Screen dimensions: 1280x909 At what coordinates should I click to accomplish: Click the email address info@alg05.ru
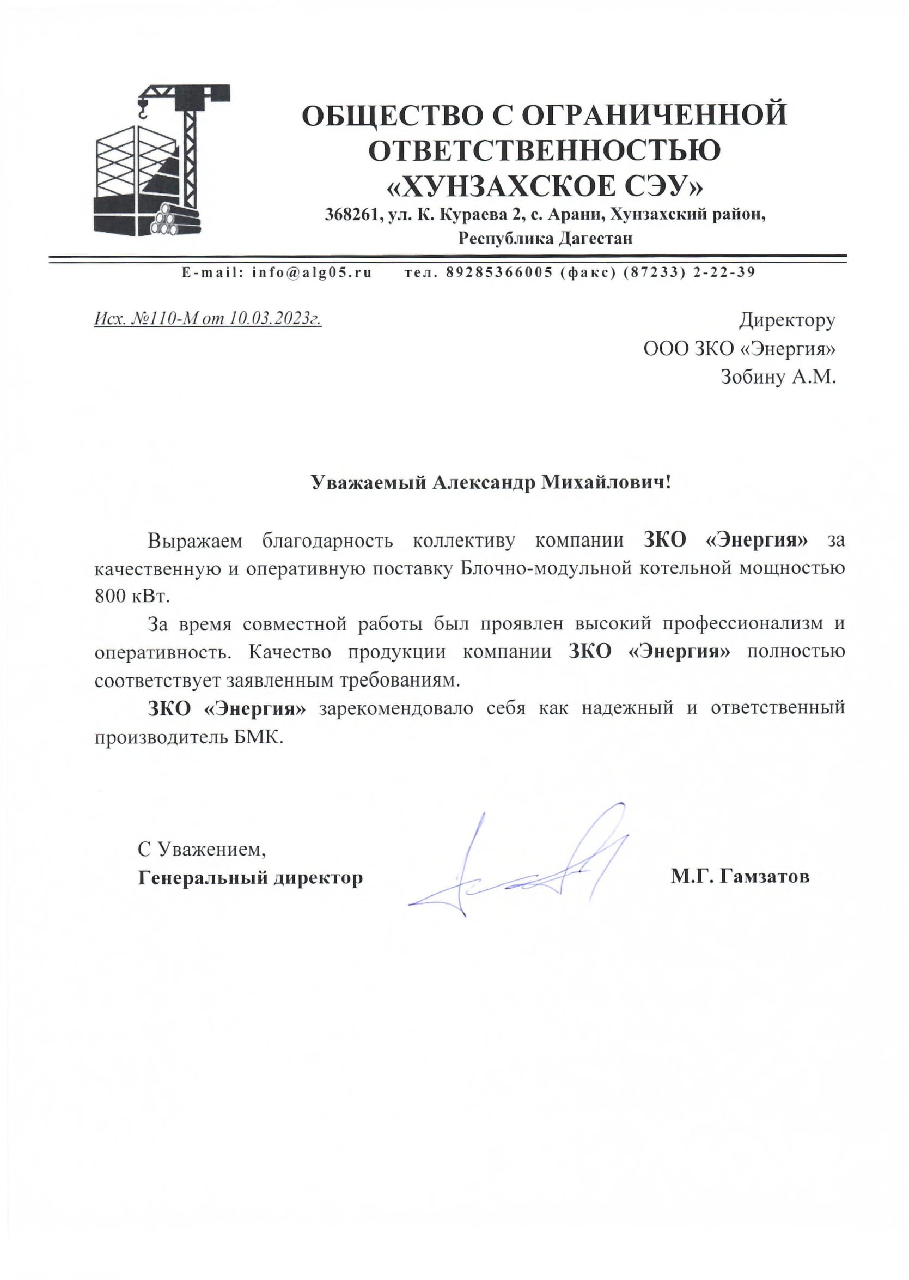pyautogui.click(x=312, y=272)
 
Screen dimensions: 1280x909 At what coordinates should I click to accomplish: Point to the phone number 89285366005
pyautogui.click(x=499, y=272)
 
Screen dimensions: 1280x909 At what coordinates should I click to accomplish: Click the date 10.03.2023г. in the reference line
pyautogui.click(x=276, y=319)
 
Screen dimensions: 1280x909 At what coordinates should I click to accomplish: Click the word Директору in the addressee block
pyautogui.click(x=787, y=320)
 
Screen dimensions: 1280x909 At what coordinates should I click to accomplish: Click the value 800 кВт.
pyautogui.click(x=132, y=597)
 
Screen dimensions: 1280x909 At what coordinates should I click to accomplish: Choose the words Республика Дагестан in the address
pyautogui.click(x=545, y=239)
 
